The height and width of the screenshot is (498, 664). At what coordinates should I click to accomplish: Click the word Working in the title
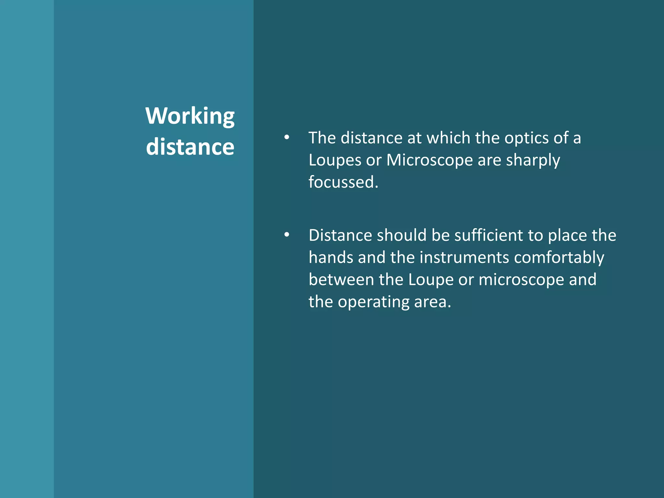pos(190,116)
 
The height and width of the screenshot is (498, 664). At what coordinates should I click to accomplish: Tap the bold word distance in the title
pos(190,147)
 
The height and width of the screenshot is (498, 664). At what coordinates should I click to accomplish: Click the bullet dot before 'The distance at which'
pos(287,137)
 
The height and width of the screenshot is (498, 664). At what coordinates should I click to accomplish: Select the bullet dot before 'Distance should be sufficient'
pos(287,235)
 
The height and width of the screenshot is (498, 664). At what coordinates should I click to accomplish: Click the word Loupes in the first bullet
pos(335,160)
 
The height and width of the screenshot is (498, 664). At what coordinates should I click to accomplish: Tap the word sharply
pos(533,160)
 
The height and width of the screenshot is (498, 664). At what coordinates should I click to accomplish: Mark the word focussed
pos(343,182)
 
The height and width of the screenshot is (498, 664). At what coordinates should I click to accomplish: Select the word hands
pos(331,257)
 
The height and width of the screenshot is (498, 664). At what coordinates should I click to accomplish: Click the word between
pos(341,279)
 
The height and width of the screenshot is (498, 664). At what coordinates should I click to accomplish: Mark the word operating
pos(373,302)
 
